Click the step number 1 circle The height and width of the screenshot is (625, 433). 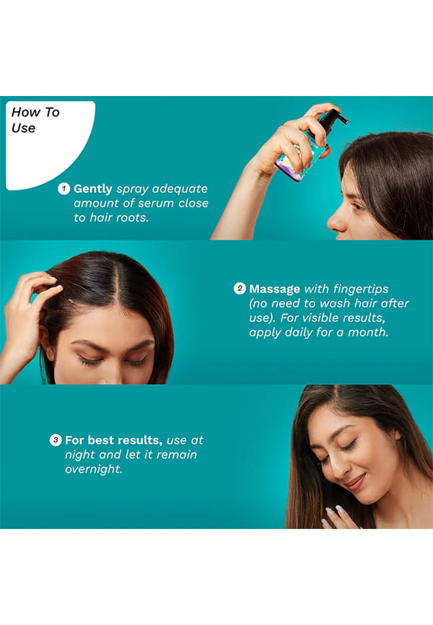pyautogui.click(x=64, y=188)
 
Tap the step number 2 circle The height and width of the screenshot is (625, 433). pyautogui.click(x=239, y=288)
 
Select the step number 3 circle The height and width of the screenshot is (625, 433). pyautogui.click(x=56, y=440)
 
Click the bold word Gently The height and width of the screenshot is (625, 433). pyautogui.click(x=93, y=189)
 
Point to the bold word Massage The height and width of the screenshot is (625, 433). pyautogui.click(x=275, y=289)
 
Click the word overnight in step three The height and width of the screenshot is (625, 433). pyautogui.click(x=94, y=469)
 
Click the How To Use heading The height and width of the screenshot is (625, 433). pyautogui.click(x=35, y=120)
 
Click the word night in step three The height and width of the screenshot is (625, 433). pyautogui.click(x=82, y=455)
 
